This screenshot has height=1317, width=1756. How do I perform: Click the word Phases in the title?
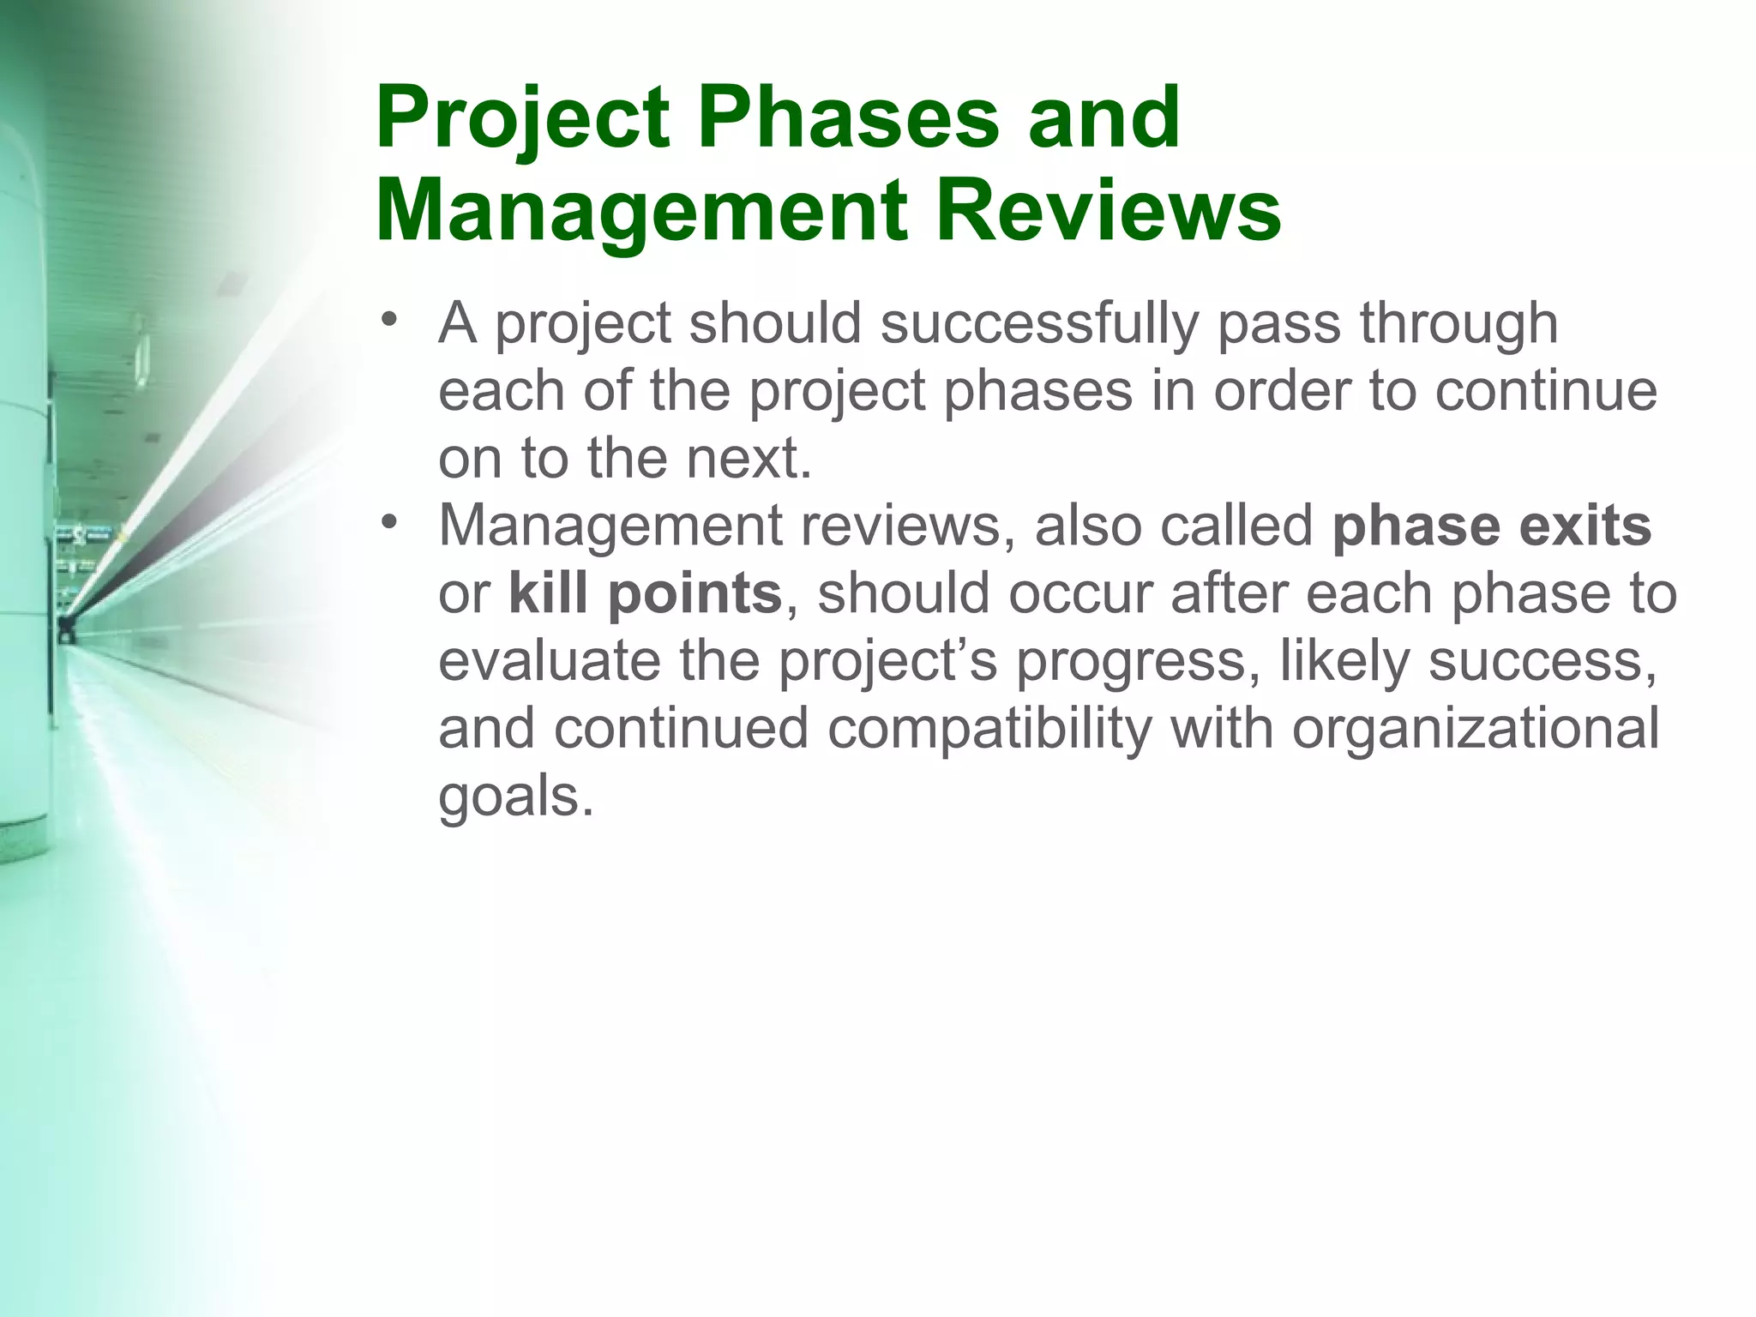(x=847, y=118)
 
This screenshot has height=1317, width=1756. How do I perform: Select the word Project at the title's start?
(x=522, y=118)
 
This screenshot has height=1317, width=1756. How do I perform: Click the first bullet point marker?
(x=390, y=321)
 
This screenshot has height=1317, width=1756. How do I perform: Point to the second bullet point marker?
(x=390, y=521)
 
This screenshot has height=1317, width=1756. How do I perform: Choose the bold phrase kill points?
(x=645, y=593)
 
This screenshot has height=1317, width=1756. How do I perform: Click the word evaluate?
(x=549, y=660)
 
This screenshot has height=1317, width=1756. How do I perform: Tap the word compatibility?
(x=989, y=728)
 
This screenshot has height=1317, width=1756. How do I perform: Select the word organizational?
(x=1475, y=728)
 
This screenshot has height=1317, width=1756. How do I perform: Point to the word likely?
(x=1344, y=660)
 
